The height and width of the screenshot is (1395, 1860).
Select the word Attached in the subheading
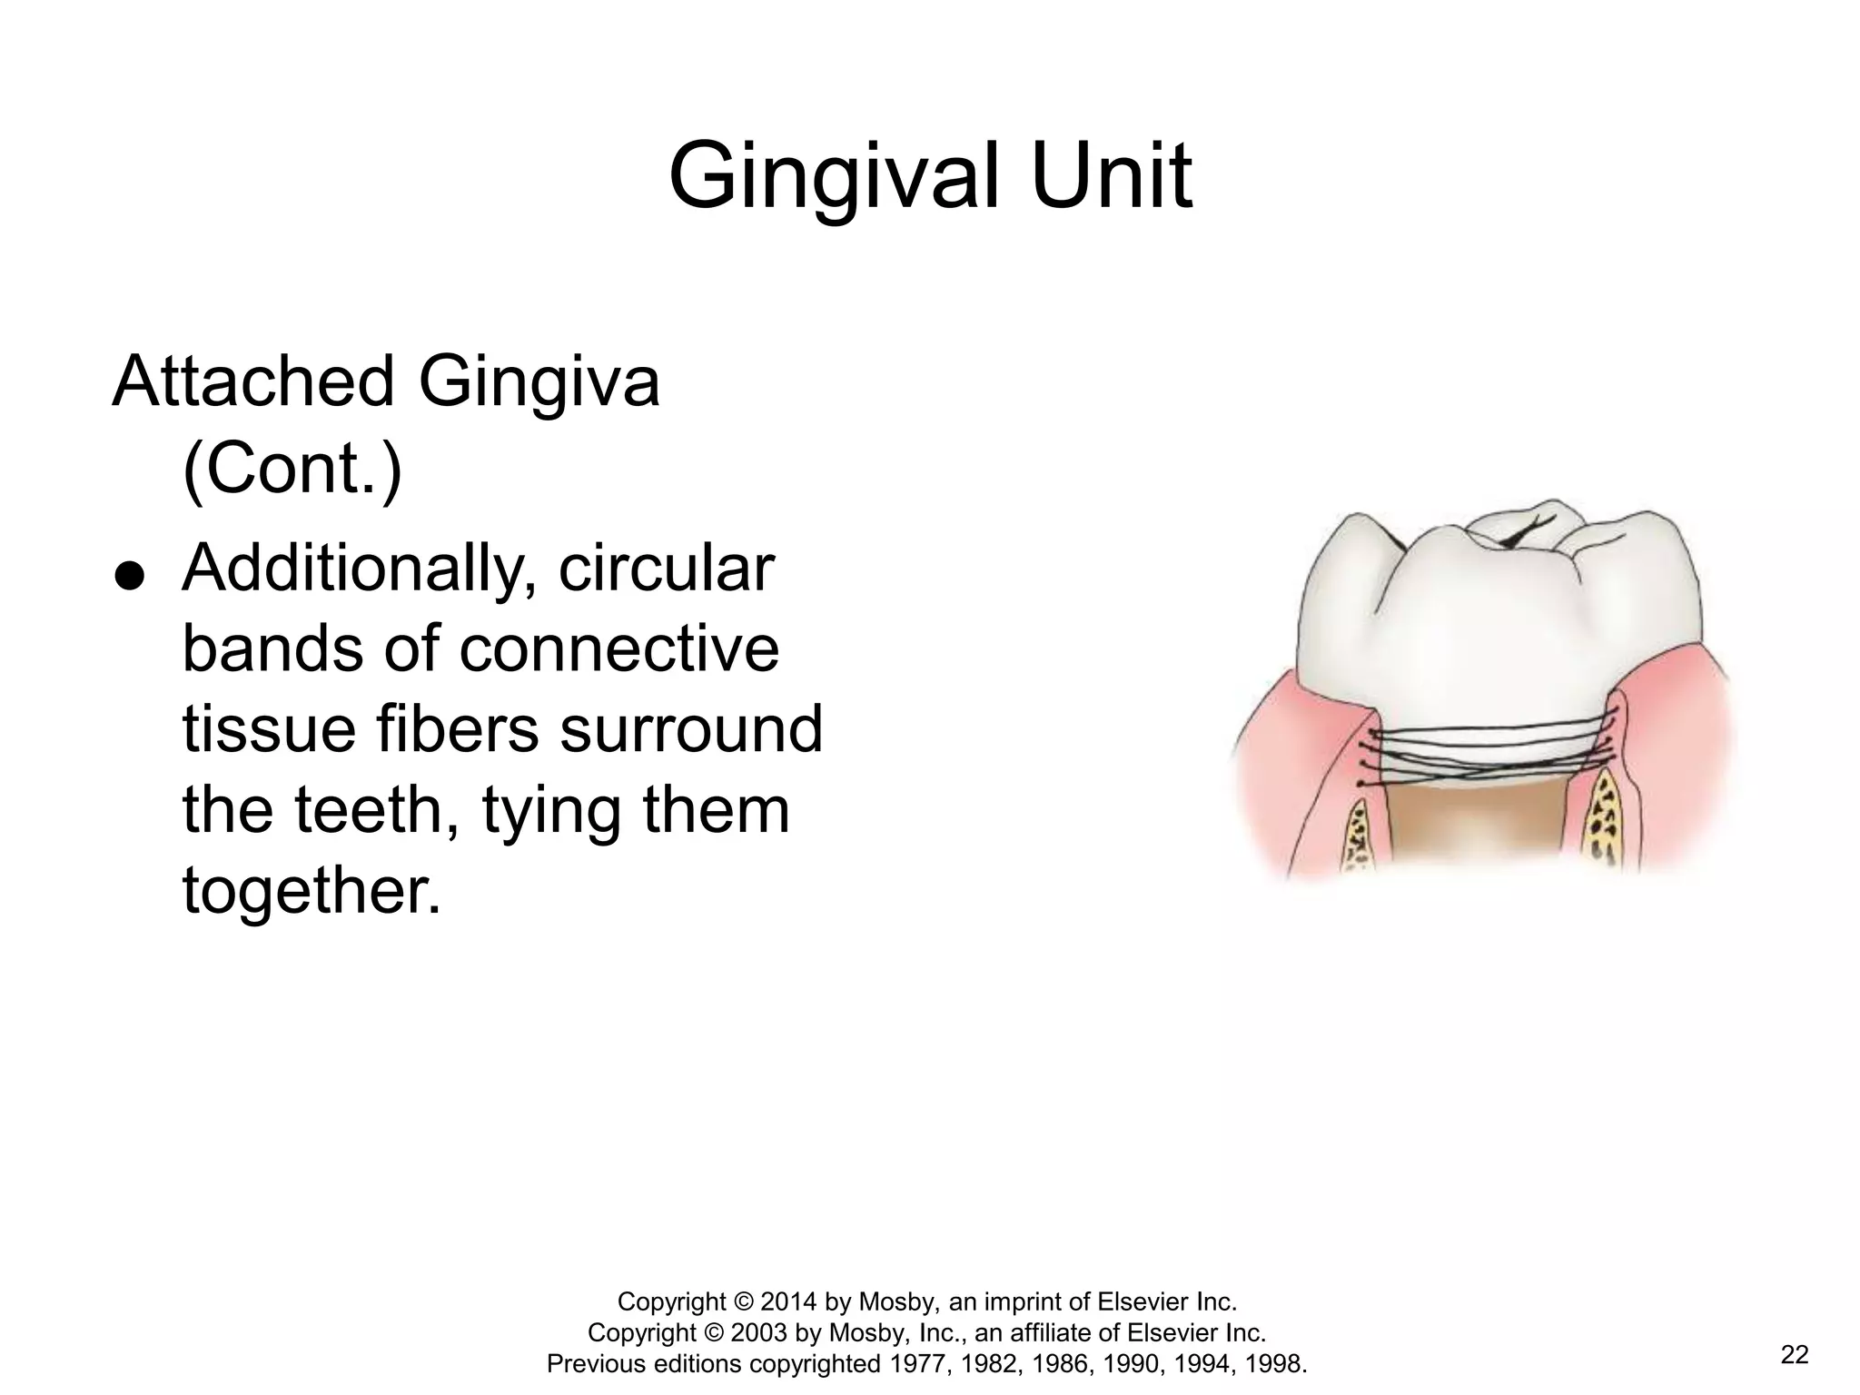pos(252,381)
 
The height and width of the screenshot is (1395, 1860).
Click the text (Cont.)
pos(292,469)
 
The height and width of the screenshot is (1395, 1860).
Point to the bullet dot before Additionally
pos(130,577)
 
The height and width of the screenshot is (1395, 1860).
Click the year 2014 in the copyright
pos(790,1301)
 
